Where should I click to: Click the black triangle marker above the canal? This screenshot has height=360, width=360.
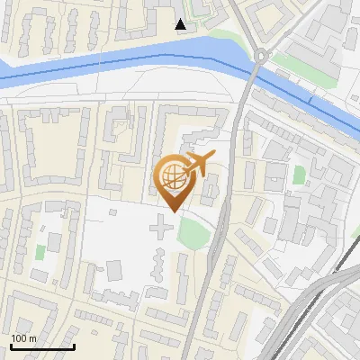[x=181, y=24]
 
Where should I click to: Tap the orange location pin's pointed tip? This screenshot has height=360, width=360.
[x=171, y=211]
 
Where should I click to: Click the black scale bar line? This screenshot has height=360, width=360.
[x=41, y=346]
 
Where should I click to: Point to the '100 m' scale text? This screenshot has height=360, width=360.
[x=24, y=338]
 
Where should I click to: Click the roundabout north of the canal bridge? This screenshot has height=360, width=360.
[x=261, y=57]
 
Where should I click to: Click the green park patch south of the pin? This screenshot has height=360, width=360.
[x=193, y=233]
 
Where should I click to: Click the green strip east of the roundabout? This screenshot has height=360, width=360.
[x=292, y=64]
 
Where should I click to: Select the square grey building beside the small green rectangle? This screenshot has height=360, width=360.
[x=53, y=242]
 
